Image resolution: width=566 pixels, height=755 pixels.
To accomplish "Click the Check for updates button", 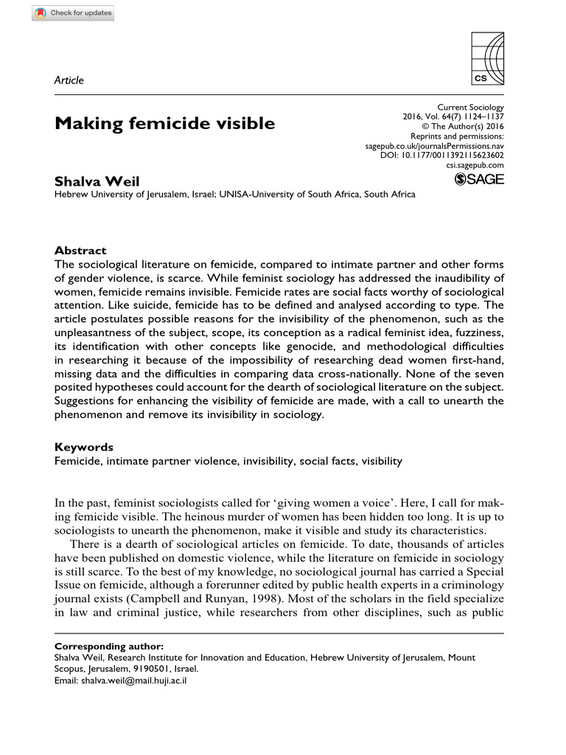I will [x=74, y=14].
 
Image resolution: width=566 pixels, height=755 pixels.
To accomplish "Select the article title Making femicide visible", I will [x=164, y=123].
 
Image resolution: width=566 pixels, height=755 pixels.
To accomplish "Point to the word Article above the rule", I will [x=69, y=80].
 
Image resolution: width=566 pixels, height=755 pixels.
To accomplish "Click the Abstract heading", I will [x=80, y=250].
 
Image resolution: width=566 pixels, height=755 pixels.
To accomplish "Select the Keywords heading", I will [x=84, y=447].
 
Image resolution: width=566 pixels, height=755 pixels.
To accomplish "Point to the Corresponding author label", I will [x=109, y=646].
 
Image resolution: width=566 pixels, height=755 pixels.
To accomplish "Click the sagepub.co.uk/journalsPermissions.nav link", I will [x=435, y=147].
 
